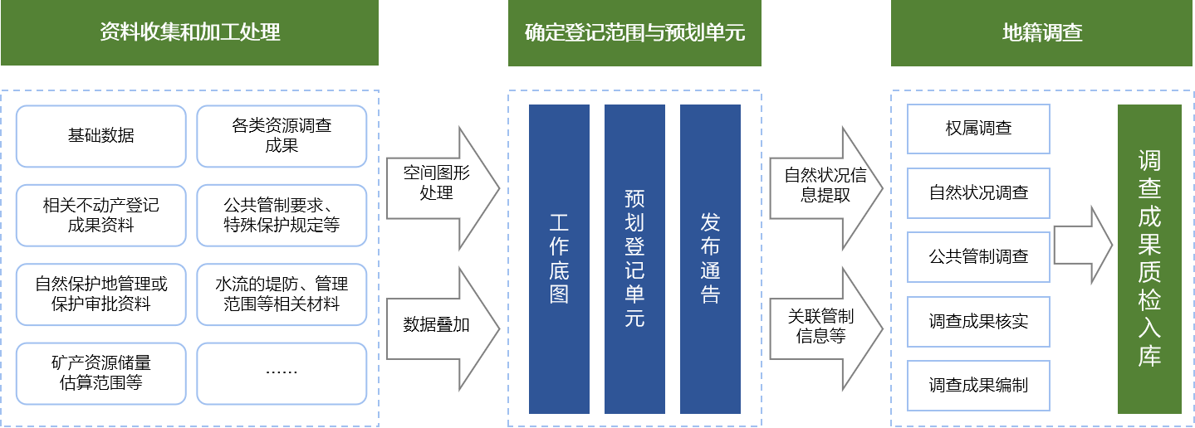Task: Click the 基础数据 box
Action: pyautogui.click(x=100, y=136)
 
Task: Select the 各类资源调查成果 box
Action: pyautogui.click(x=282, y=136)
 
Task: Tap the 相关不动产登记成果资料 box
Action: pyautogui.click(x=100, y=216)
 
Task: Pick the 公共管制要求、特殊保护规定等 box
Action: pyautogui.click(x=282, y=216)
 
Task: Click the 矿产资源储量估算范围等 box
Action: pyautogui.click(x=100, y=373)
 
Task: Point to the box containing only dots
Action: pyautogui.click(x=282, y=373)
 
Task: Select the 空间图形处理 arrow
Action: pyautogui.click(x=443, y=188)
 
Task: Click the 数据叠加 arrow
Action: pyautogui.click(x=443, y=328)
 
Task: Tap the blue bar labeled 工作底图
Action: pyautogui.click(x=559, y=259)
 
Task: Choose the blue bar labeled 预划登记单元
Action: pyautogui.click(x=634, y=259)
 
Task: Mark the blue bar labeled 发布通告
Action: pyautogui.click(x=710, y=259)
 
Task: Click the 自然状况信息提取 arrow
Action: pyautogui.click(x=826, y=188)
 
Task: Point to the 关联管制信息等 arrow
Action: pyautogui.click(x=826, y=328)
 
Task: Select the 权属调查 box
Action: pyautogui.click(x=978, y=129)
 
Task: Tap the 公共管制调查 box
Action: pyautogui.click(x=978, y=257)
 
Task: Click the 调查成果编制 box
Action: pyautogui.click(x=978, y=386)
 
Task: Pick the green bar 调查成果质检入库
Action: pyautogui.click(x=1149, y=259)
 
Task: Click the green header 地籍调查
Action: pyautogui.click(x=1041, y=33)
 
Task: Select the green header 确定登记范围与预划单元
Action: pyautogui.click(x=634, y=33)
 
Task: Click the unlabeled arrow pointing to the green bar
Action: pyautogui.click(x=1084, y=246)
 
